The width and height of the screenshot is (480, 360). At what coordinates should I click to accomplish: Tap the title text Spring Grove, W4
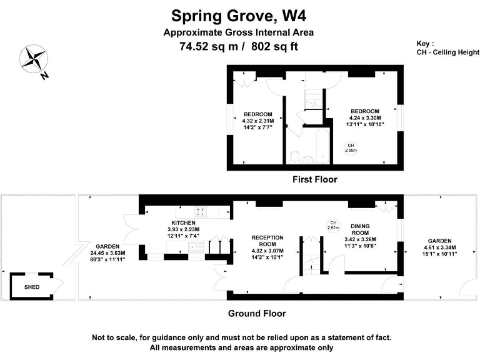click(x=239, y=14)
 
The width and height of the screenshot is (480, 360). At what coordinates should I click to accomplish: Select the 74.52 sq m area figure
click(x=201, y=46)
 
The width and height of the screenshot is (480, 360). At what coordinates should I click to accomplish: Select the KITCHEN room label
click(x=184, y=222)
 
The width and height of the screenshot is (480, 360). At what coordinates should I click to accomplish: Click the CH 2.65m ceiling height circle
click(x=351, y=147)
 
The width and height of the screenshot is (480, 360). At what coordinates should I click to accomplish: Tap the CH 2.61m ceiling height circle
click(x=333, y=225)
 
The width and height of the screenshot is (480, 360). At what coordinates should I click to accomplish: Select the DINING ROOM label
click(x=363, y=227)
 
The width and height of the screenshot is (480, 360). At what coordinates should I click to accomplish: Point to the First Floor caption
click(x=315, y=179)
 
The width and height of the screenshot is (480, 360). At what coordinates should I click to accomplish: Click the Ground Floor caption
click(x=257, y=314)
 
